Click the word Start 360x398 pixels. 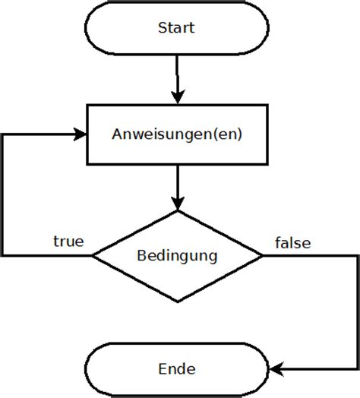point(176,29)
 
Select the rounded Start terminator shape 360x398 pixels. point(114,29)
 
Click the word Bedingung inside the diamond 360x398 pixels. point(176,255)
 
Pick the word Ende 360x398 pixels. point(176,370)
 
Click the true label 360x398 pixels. point(68,242)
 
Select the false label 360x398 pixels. point(292,243)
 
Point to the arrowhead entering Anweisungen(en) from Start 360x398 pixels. point(177,97)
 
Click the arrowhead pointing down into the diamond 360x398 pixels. point(177,204)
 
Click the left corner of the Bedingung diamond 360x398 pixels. point(93,256)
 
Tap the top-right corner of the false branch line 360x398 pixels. point(355,256)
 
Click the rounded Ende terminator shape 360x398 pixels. point(114,370)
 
